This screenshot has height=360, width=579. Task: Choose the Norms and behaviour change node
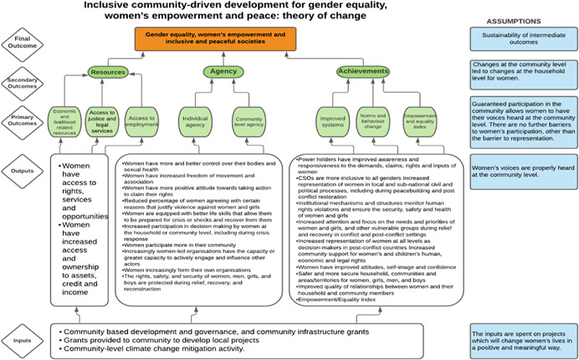[366, 121]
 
